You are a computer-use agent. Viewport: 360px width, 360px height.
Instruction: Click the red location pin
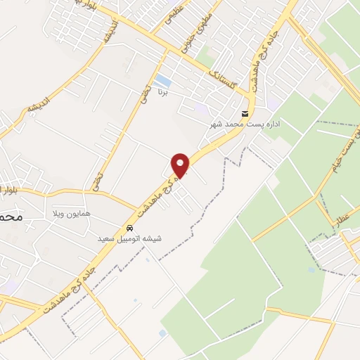click(181, 165)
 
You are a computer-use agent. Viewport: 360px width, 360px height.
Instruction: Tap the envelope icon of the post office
click(245, 114)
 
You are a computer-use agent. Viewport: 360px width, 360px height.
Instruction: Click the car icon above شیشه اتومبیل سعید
click(130, 229)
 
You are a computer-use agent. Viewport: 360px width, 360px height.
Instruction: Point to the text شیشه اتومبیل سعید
click(130, 239)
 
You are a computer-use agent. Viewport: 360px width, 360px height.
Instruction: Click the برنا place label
click(163, 91)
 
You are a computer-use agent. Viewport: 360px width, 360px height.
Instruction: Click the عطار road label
click(344, 210)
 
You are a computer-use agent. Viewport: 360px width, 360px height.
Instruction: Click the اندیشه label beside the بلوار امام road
click(107, 31)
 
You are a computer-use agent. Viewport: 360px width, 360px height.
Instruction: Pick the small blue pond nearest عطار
click(311, 269)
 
